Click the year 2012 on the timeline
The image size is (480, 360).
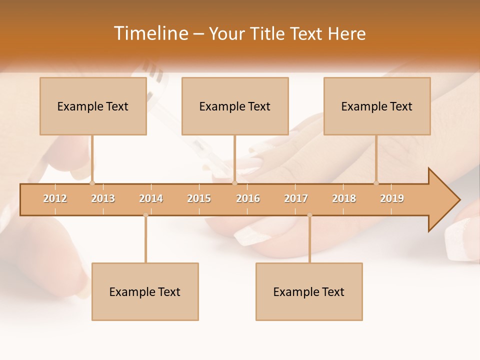click(x=55, y=198)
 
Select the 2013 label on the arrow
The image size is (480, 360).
click(x=103, y=198)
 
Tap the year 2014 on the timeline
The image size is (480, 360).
click(x=151, y=198)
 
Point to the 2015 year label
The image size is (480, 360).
click(x=199, y=198)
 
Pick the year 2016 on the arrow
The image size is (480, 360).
click(x=248, y=198)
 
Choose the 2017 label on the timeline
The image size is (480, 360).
click(x=296, y=198)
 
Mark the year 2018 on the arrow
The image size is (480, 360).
click(x=344, y=198)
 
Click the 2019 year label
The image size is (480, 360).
click(x=392, y=198)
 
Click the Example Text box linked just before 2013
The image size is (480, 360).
click(x=93, y=106)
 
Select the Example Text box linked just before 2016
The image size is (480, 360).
click(x=235, y=106)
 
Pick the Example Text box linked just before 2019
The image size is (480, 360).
click(x=377, y=106)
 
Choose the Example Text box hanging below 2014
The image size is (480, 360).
click(x=145, y=291)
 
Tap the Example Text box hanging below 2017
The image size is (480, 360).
click(x=309, y=291)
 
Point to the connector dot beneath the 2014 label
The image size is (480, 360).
click(x=145, y=215)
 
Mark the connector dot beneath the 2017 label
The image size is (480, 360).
click(x=309, y=215)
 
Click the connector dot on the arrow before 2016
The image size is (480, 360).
click(x=234, y=183)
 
